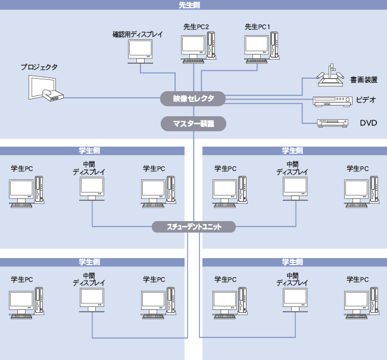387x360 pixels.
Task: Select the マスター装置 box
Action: tap(193, 124)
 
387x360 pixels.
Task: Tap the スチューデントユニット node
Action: tap(193, 226)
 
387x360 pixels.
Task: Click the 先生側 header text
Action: tap(193, 5)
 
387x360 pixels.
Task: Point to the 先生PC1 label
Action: tap(258, 27)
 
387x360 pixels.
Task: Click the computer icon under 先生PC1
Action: tap(261, 47)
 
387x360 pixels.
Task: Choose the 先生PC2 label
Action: tap(196, 27)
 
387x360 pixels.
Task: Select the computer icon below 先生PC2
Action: tap(199, 48)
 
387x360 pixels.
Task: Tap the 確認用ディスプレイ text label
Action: tap(138, 35)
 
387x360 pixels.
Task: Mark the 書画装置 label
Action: tap(363, 79)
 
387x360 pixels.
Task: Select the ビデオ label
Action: tap(366, 100)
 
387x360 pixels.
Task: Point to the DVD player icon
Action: tap(332, 123)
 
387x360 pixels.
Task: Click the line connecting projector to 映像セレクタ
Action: tap(113, 98)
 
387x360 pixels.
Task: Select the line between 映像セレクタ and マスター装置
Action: tap(193, 111)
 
